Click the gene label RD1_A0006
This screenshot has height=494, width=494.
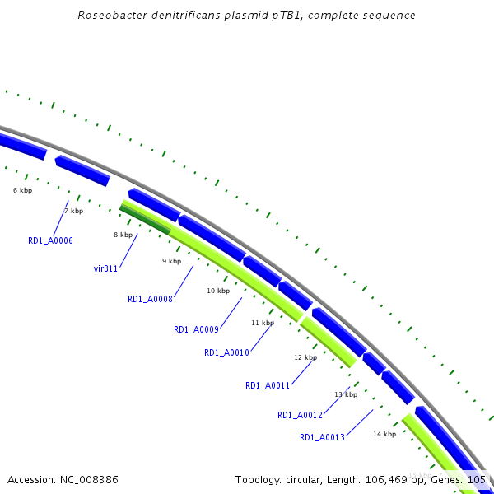click(x=50, y=240)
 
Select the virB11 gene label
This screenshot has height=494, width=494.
click(x=106, y=268)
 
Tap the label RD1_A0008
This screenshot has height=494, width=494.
click(x=150, y=299)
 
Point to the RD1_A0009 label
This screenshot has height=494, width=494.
click(x=196, y=329)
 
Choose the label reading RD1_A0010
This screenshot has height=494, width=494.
click(x=226, y=352)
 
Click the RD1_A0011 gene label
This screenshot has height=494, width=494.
click(x=268, y=384)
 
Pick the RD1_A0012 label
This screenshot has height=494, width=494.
click(x=300, y=415)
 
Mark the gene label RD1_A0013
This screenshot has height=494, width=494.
click(x=322, y=437)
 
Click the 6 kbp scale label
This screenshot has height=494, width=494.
click(x=22, y=190)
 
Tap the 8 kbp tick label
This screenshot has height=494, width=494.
click(x=123, y=235)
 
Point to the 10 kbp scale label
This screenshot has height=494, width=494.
click(x=218, y=291)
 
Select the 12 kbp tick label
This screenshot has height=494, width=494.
click(x=305, y=357)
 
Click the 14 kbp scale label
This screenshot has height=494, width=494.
click(x=384, y=434)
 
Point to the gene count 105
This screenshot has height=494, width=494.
click(x=476, y=479)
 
